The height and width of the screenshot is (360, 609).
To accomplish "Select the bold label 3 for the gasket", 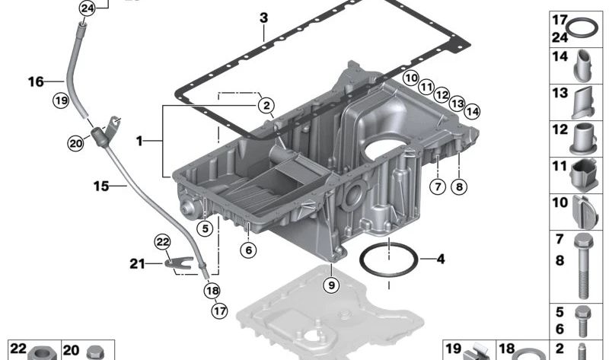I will [263, 18].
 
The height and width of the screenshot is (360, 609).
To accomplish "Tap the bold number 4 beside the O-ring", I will [440, 259].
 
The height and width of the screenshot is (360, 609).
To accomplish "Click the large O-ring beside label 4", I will [387, 261].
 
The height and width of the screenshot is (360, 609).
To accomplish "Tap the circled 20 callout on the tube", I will [75, 142].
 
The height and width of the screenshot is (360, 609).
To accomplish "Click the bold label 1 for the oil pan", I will [139, 141].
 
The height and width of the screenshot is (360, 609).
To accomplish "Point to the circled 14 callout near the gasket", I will [473, 111].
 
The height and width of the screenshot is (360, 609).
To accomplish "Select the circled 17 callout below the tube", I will [219, 310].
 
